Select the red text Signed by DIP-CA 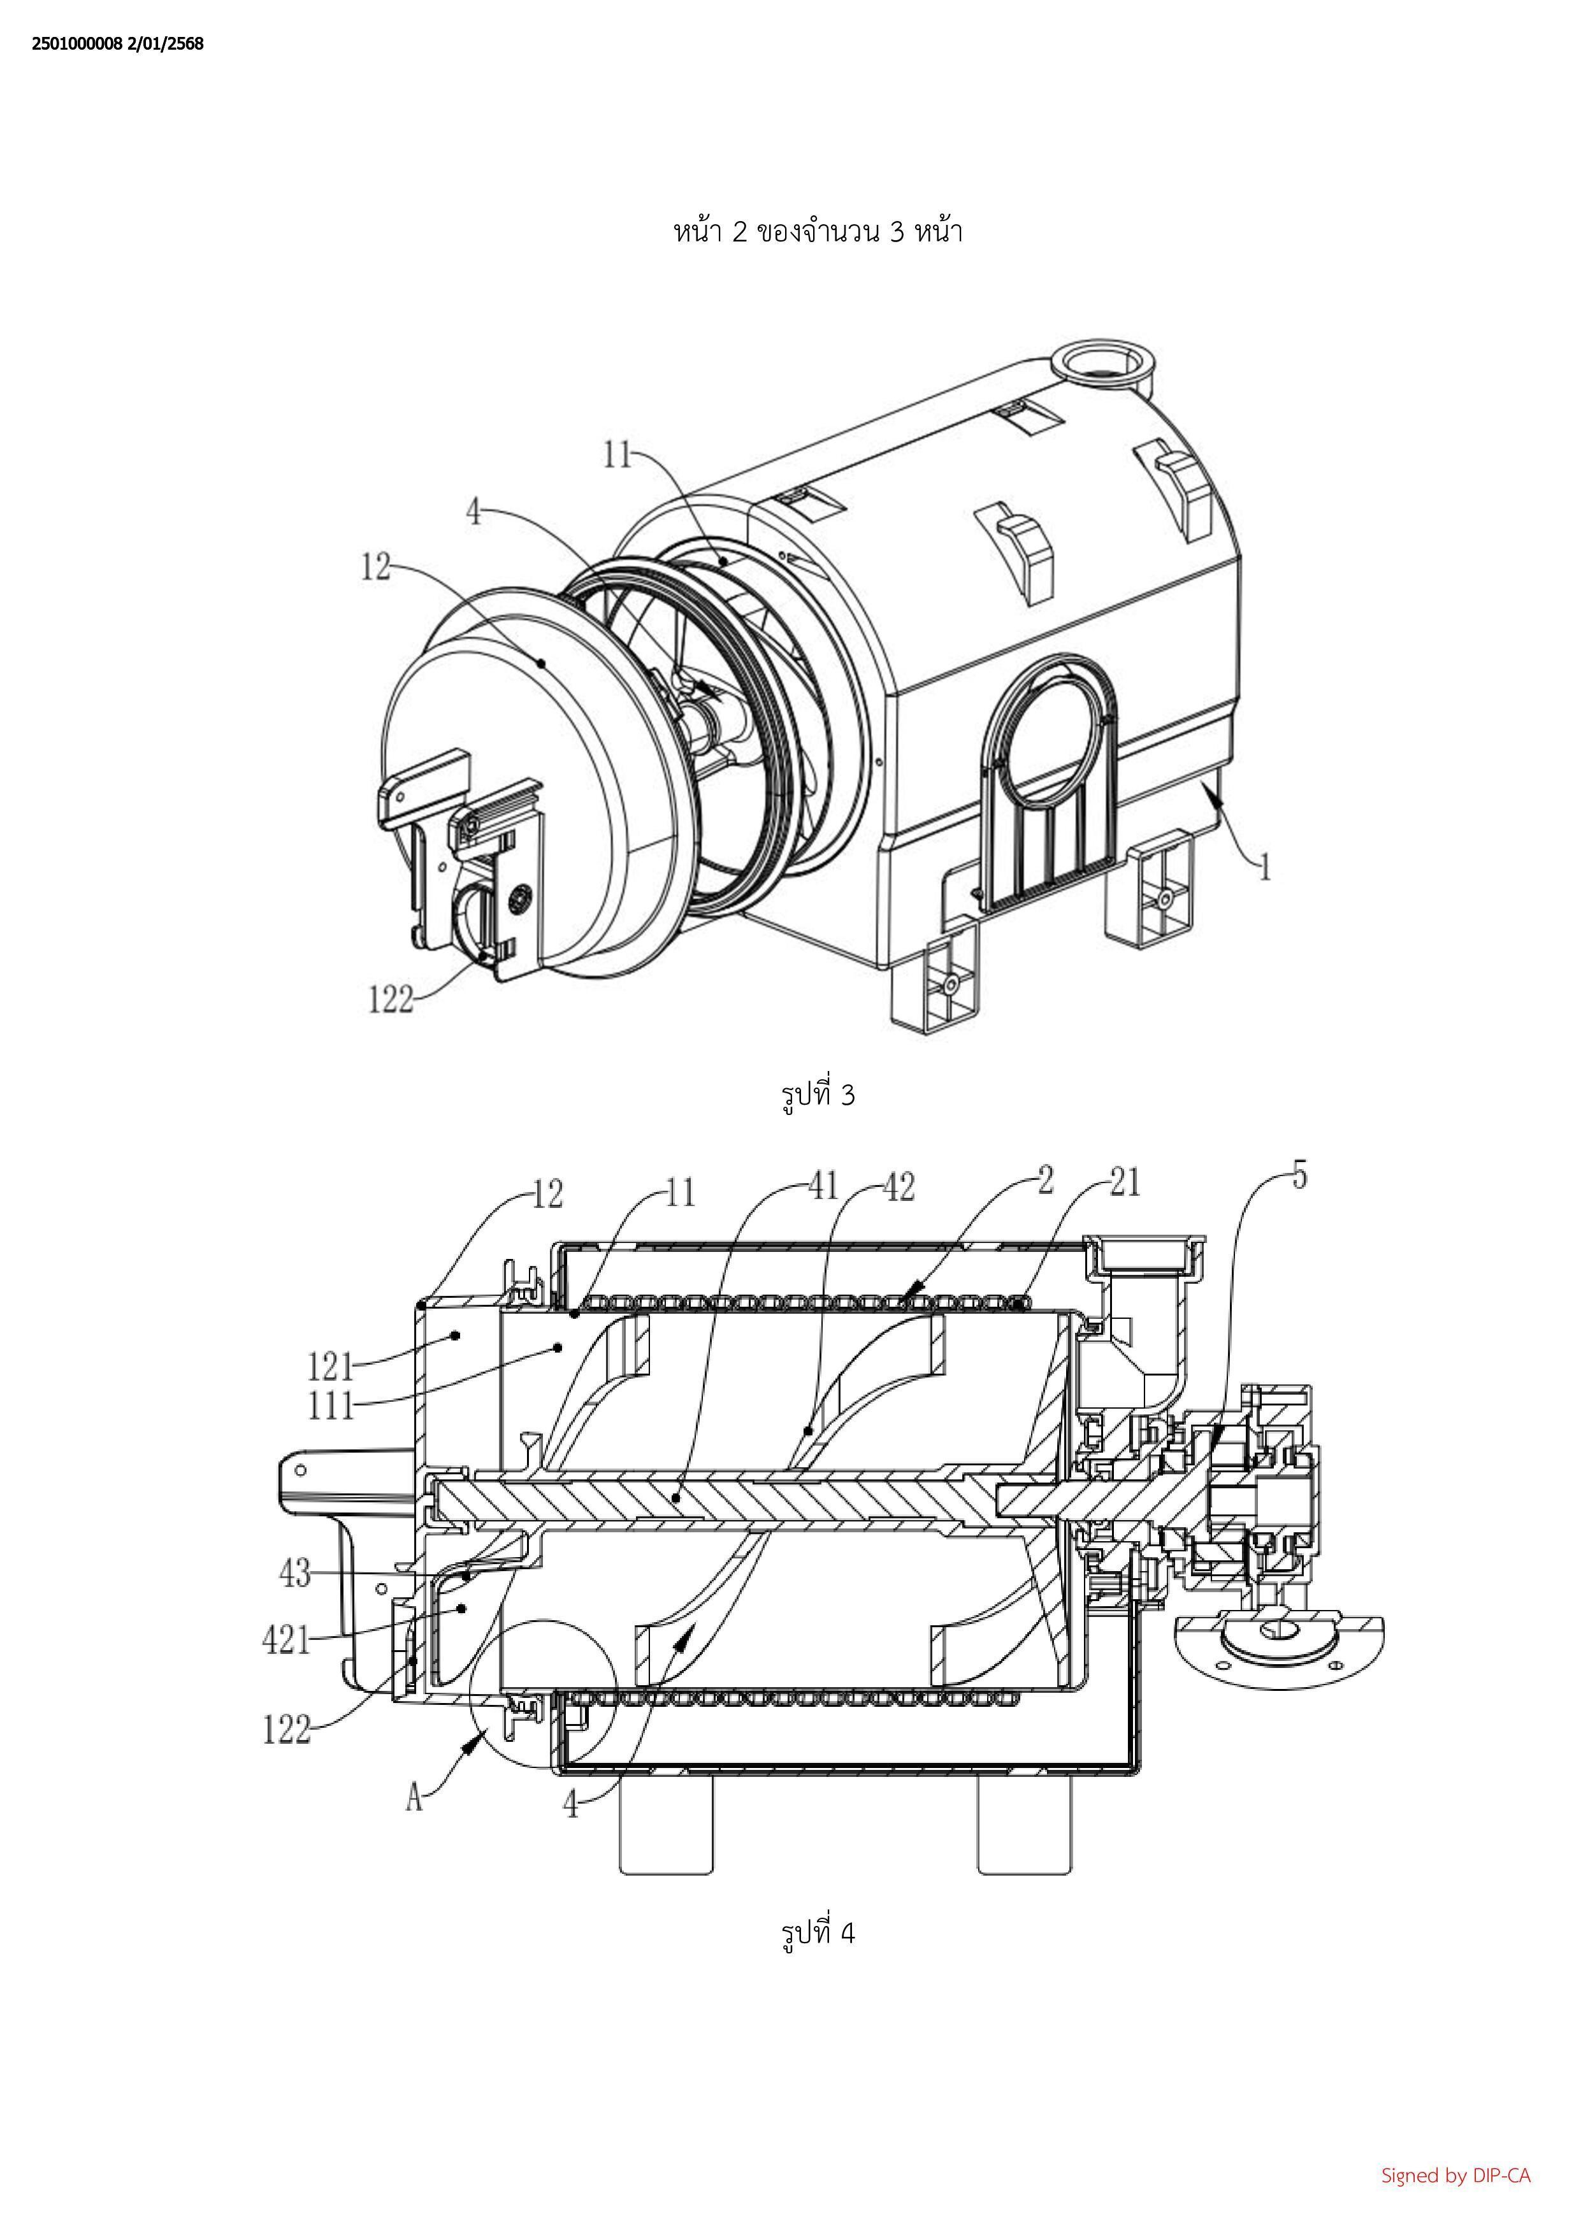point(1456,2176)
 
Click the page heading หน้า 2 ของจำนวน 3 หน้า point(818,232)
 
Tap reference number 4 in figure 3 point(474,511)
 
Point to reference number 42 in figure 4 point(900,1186)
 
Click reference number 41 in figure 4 point(823,1186)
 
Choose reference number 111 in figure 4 point(331,1405)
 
